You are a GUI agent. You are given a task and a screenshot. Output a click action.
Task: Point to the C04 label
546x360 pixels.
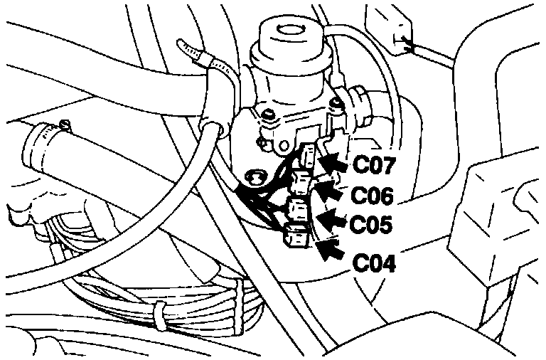pyautogui.click(x=375, y=263)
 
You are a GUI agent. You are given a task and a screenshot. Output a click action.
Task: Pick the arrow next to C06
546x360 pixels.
pyautogui.click(x=328, y=189)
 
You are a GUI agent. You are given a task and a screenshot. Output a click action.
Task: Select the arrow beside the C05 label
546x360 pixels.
pyautogui.click(x=331, y=216)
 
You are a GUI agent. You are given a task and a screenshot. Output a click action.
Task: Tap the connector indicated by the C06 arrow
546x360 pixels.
pyautogui.click(x=301, y=182)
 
